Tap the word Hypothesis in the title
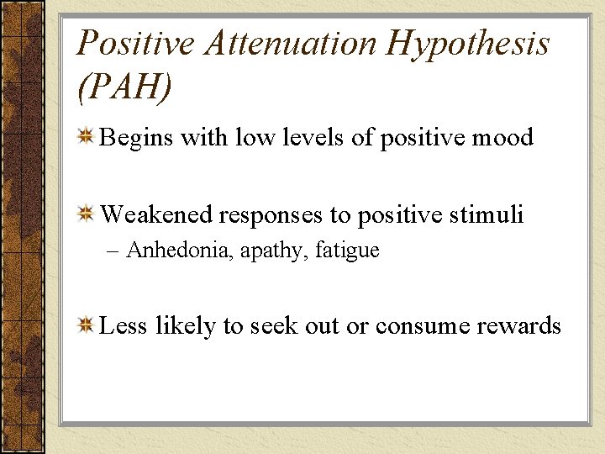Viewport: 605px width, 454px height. click(x=467, y=42)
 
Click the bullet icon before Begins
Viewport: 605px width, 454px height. click(x=86, y=137)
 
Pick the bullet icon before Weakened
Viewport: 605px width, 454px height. click(x=86, y=215)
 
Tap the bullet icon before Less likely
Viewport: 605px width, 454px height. click(x=86, y=326)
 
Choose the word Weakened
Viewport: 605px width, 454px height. click(x=156, y=215)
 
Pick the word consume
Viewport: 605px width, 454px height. click(x=412, y=326)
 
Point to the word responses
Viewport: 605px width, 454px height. click(x=272, y=216)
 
